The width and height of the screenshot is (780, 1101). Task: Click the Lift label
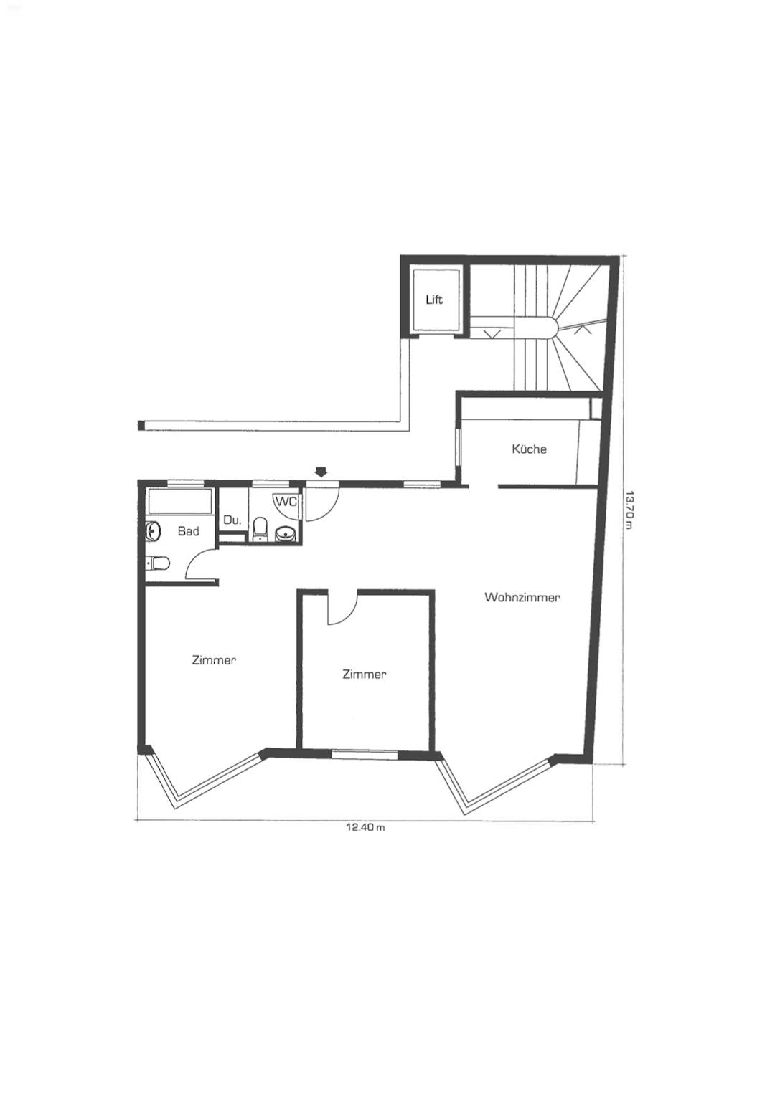coord(434,300)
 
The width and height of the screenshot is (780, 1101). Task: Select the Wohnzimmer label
coord(522,598)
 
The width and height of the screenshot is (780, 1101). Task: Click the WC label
coord(286,502)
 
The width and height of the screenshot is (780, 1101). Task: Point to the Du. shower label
coord(232,520)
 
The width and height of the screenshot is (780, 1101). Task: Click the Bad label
coord(189,531)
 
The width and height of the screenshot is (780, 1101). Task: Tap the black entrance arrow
coord(321,472)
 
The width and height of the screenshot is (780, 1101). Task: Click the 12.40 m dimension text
coord(365,827)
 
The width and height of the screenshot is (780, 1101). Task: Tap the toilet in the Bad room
coord(158,563)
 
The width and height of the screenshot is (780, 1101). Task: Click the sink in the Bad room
coord(154,530)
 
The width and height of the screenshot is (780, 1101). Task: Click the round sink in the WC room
coord(283,534)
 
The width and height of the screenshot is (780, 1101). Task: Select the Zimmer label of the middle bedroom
coord(364,675)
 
